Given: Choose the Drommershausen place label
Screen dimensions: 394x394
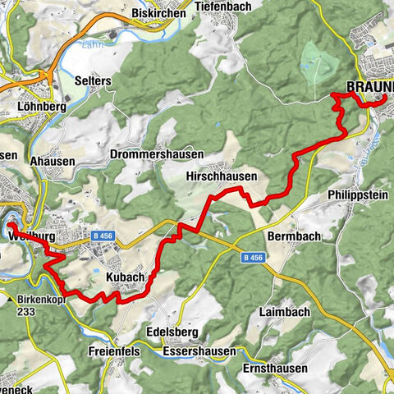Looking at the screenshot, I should [153, 154].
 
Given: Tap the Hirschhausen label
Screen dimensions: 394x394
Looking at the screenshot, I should [222, 176].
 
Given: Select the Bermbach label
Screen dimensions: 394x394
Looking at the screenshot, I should [293, 236].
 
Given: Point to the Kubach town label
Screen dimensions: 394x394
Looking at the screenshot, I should [124, 278].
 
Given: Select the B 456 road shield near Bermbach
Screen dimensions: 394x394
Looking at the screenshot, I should [254, 258].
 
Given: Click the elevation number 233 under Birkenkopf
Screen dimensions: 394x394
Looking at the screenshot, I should [28, 312].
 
